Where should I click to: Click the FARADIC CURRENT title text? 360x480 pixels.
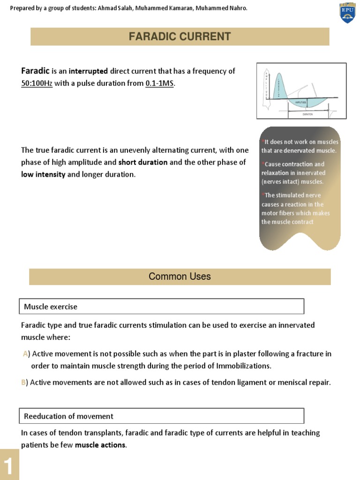point(180,37)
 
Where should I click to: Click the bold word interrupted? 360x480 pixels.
point(88,71)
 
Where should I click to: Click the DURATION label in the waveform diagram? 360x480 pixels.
point(307,114)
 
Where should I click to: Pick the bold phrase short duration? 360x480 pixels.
point(142,162)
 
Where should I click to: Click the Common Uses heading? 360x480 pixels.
point(180,277)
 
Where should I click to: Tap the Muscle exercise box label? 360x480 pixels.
point(51,307)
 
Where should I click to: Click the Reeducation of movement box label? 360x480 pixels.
point(68,416)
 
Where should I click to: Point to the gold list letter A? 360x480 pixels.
point(25,353)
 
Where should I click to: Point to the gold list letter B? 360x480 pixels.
point(23,382)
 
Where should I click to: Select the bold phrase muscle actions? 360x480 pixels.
point(100,445)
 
